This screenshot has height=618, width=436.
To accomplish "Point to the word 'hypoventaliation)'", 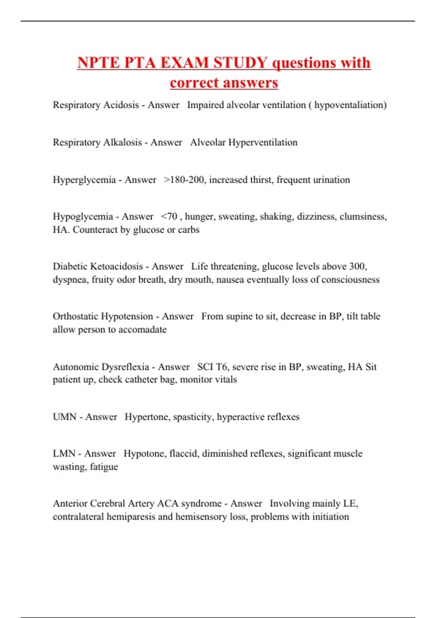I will (350, 105).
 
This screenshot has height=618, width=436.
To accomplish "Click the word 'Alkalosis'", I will (122, 143).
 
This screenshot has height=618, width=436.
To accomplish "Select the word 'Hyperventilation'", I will (263, 143).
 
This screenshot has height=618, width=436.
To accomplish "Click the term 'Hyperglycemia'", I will (84, 180).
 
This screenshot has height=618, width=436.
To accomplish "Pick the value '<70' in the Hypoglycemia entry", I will (169, 217).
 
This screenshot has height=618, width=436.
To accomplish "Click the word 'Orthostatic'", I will (77, 316).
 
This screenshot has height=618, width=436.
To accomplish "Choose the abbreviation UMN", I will (65, 417).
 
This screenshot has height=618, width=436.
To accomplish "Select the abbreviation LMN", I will (64, 454).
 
